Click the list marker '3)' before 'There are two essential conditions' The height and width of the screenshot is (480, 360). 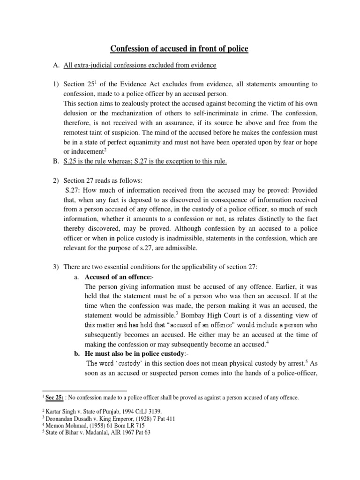[x=46, y=267]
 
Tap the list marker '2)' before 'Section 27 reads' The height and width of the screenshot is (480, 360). [x=46, y=180]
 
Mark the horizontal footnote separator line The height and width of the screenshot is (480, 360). [x=84, y=390]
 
